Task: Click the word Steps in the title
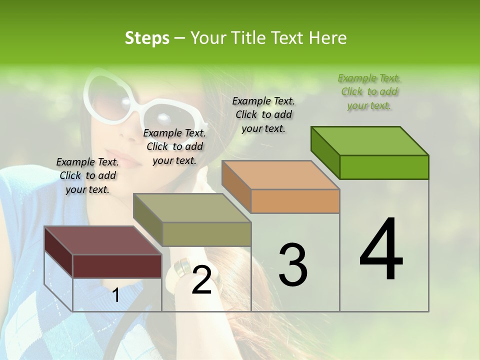(147, 38)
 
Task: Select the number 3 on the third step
(292, 264)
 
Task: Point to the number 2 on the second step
(201, 279)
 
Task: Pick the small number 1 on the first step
(116, 295)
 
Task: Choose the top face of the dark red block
(102, 240)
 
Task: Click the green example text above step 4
(369, 91)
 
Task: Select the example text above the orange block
(263, 114)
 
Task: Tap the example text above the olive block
(174, 146)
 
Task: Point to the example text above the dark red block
(87, 175)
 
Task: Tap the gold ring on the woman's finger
(181, 267)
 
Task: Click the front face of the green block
(384, 167)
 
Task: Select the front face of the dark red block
(117, 266)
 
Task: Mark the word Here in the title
(328, 38)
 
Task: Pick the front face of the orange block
(295, 201)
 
